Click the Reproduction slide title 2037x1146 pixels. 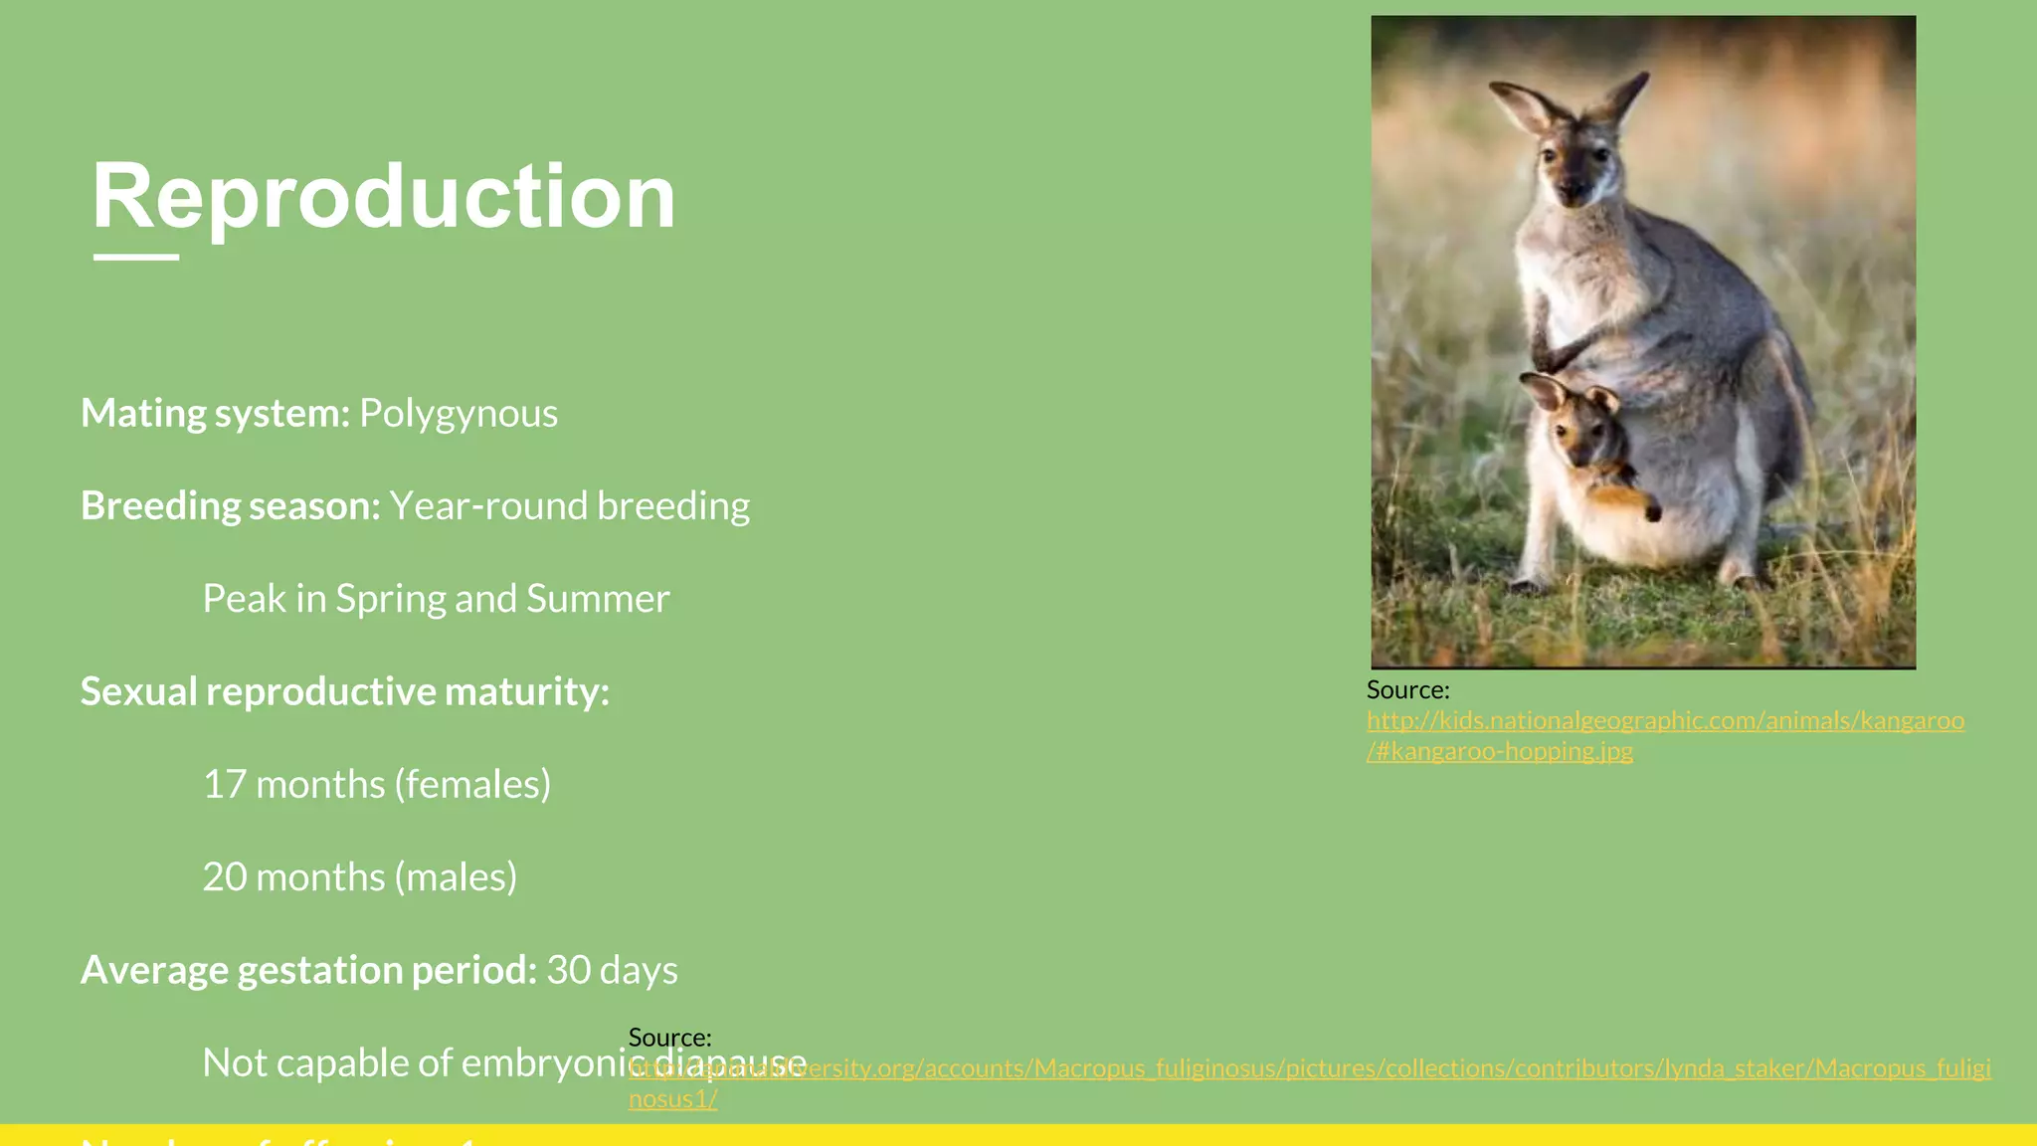[384, 197]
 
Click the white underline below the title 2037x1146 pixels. [136, 257]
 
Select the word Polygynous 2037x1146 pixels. [459, 414]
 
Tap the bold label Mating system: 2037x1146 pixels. [215, 414]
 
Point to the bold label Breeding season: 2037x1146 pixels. [231, 506]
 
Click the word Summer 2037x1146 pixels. [598, 599]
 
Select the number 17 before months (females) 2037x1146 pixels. [224, 785]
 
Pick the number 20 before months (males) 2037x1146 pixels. [224, 877]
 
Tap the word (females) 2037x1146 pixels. [472, 785]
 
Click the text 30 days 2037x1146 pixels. [612, 970]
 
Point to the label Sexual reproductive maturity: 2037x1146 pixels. [344, 691]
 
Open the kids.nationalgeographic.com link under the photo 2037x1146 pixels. [1665, 720]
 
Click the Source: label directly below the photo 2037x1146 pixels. [1407, 689]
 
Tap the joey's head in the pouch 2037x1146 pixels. [1576, 418]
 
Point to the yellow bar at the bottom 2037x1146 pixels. [1194, 1135]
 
